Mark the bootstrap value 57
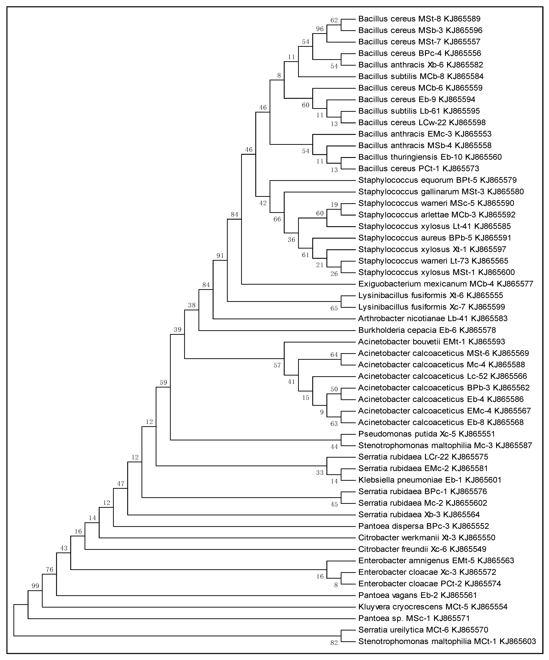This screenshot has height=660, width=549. pyautogui.click(x=277, y=366)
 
